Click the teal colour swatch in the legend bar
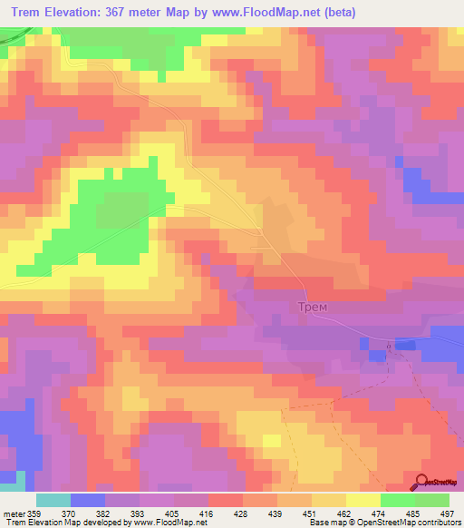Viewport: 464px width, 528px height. point(53,501)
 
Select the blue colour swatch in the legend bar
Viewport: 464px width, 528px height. point(88,501)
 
